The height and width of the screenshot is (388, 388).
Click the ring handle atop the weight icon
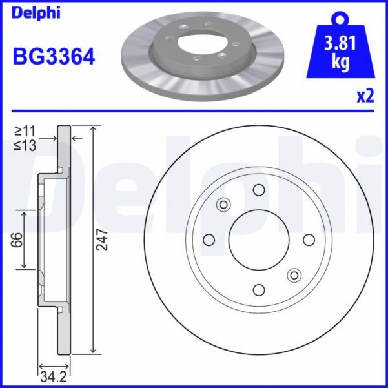[x=341, y=17]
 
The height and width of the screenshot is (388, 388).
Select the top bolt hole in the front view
[x=259, y=190]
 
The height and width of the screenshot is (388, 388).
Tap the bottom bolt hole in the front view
[x=259, y=289]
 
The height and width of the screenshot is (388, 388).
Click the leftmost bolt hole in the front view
[x=209, y=240]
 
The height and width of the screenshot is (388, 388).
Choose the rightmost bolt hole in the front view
[x=309, y=240]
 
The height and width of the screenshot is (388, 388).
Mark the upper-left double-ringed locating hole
[x=223, y=205]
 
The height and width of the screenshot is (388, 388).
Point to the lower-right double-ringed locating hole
[x=294, y=274]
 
